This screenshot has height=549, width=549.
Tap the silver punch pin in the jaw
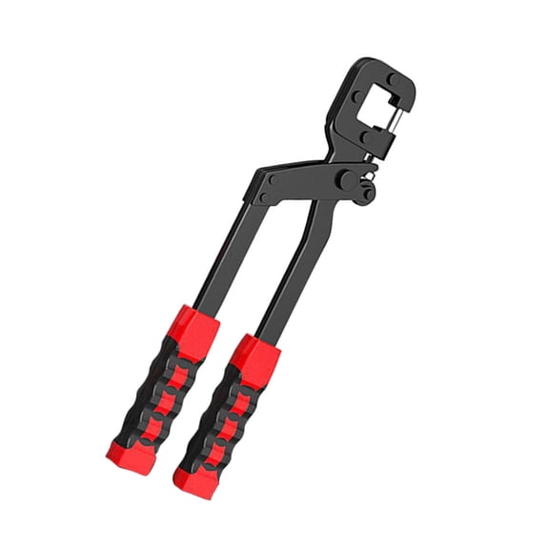[394, 117]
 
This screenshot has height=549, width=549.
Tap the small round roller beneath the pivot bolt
[367, 193]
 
